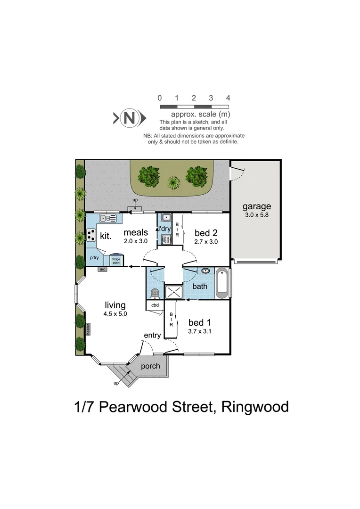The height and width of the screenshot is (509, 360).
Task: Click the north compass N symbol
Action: click(128, 118)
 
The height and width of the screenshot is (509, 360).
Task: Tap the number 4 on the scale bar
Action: click(228, 98)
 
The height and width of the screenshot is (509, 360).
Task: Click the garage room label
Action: click(257, 206)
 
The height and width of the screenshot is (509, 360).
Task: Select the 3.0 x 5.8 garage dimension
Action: click(257, 215)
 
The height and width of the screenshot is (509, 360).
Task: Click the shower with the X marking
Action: click(173, 292)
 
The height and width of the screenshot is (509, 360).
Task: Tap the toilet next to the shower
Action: click(155, 294)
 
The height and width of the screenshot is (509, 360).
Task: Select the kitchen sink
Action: click(108, 218)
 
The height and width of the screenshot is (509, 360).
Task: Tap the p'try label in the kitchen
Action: click(94, 258)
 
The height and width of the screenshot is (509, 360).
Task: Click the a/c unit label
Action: click(102, 269)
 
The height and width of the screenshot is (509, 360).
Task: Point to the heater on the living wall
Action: click(88, 328)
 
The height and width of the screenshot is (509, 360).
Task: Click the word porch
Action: click(151, 366)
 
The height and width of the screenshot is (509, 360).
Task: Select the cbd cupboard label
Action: click(155, 305)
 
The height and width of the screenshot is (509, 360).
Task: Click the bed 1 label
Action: click(199, 323)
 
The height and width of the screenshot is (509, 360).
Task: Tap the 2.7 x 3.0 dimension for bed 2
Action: click(206, 241)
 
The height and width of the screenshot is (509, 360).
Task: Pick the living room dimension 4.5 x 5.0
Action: click(115, 313)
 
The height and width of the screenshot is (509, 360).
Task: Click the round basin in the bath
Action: click(206, 271)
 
